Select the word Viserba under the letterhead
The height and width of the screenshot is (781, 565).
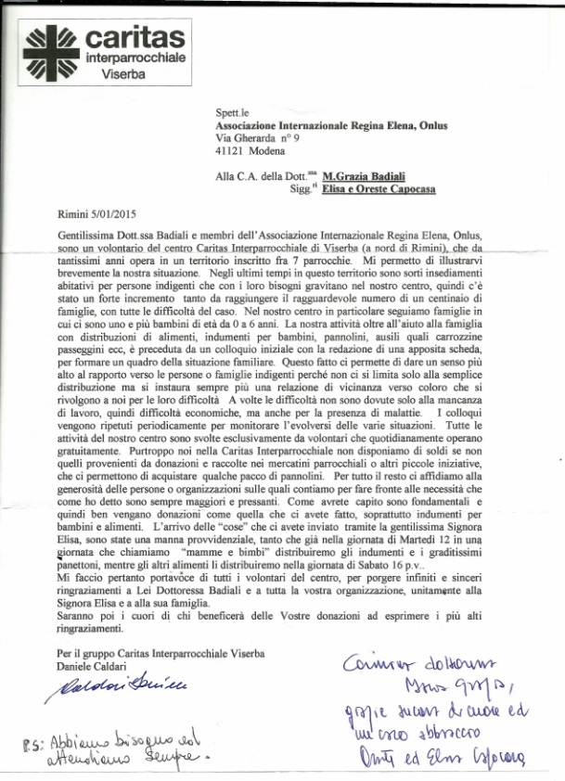pyautogui.click(x=123, y=72)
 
